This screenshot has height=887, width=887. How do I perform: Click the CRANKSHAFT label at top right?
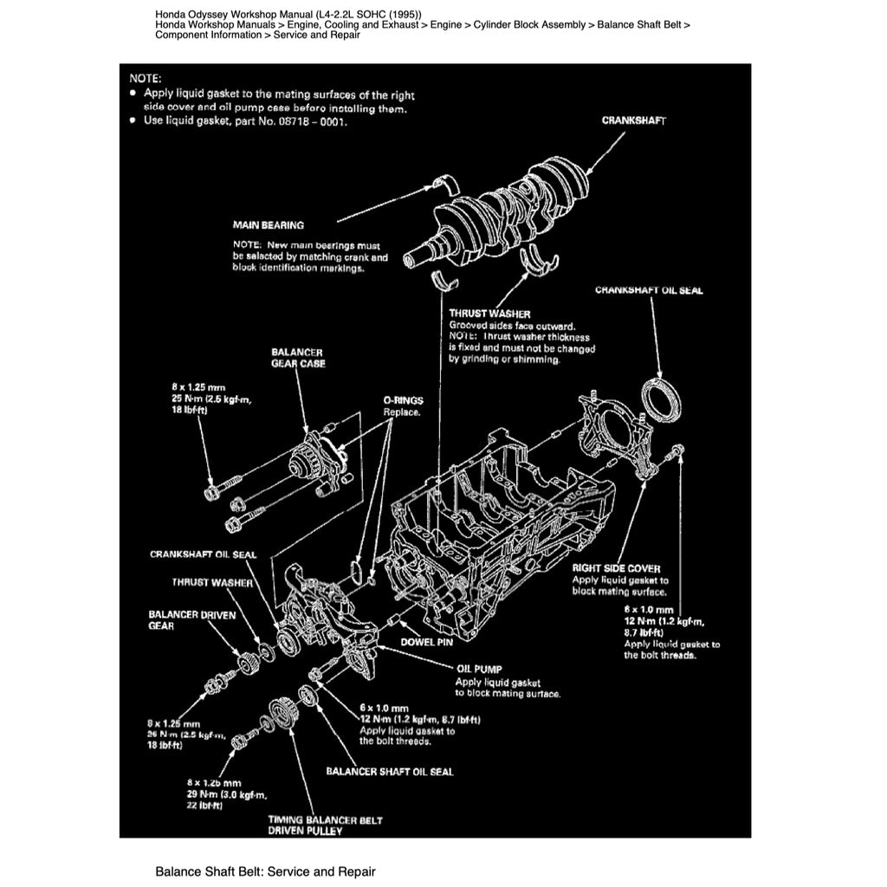[633, 120]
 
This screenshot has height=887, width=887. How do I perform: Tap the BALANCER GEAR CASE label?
[296, 358]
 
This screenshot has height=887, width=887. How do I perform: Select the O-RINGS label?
[403, 401]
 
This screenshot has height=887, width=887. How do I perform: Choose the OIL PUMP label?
[478, 670]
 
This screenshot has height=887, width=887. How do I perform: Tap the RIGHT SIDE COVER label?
[616, 568]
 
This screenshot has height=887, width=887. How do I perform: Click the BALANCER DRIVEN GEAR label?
[185, 620]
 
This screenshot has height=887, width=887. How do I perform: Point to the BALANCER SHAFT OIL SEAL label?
[389, 770]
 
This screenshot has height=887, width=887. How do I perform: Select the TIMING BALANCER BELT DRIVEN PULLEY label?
[325, 825]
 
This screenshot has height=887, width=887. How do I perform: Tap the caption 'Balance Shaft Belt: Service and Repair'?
[265, 871]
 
